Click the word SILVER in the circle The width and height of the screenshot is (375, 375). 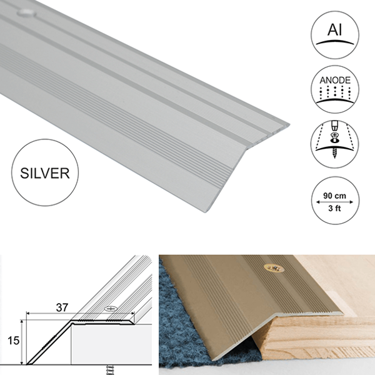45,173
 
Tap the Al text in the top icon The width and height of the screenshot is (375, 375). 335,30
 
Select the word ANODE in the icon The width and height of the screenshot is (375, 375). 335,80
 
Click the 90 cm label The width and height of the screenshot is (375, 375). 334,196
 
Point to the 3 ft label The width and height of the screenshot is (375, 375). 334,208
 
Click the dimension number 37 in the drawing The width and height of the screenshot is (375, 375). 62,307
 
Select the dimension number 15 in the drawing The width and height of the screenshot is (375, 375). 13,341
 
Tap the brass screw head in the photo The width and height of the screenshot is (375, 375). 274,268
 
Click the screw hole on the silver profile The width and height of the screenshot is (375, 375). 26,13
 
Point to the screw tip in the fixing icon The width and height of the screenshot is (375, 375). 334,155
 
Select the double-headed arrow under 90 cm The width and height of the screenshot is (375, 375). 334,202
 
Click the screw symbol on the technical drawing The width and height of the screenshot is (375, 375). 111,309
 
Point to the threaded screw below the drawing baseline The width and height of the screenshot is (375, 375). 110,370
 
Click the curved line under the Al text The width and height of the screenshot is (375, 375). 335,42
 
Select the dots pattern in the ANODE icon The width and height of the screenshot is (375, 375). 335,92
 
